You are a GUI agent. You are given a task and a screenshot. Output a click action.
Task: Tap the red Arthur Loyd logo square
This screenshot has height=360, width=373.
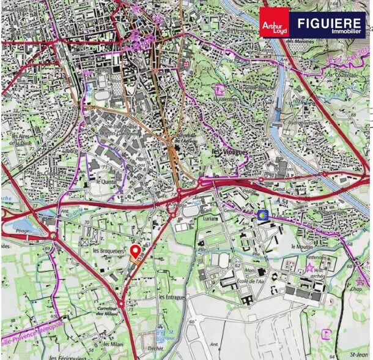(x=274, y=23)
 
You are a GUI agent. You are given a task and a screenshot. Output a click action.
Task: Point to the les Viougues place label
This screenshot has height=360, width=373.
(x=224, y=151)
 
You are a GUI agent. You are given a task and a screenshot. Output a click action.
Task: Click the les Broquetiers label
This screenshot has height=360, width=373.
(x=107, y=251)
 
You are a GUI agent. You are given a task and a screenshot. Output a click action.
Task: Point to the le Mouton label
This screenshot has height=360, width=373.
(x=302, y=246)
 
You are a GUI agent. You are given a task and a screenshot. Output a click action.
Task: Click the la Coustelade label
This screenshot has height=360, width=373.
(x=340, y=75)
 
